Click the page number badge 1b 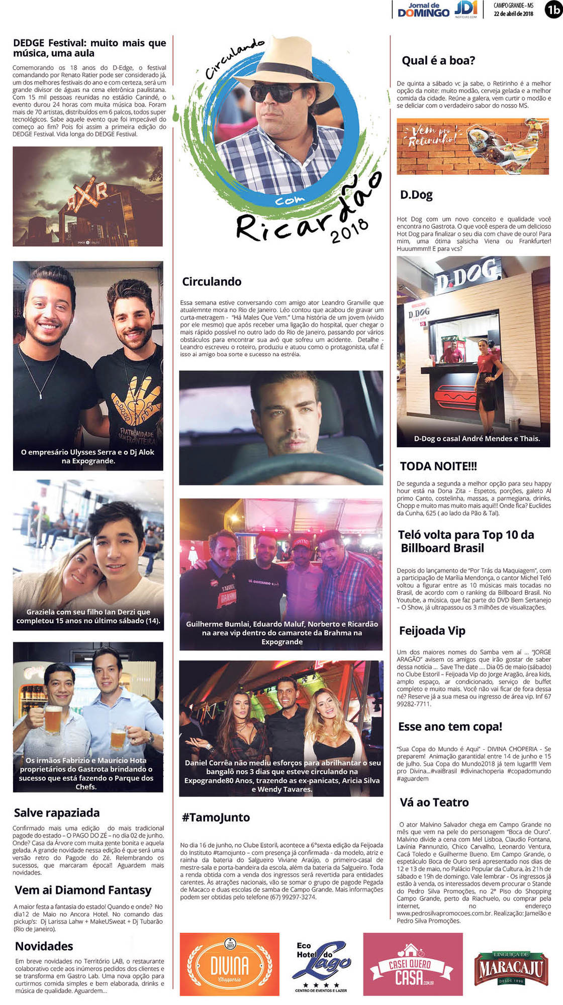pyautogui.click(x=553, y=10)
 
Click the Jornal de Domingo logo pyautogui.click(x=423, y=10)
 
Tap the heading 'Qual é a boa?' pyautogui.click(x=438, y=61)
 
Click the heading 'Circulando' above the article pyautogui.click(x=212, y=281)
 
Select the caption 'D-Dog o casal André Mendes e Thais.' pyautogui.click(x=477, y=438)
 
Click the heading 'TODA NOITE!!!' pyautogui.click(x=438, y=466)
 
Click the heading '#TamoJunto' pyautogui.click(x=216, y=817)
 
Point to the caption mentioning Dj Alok pyautogui.click(x=87, y=456)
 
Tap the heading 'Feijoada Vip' pyautogui.click(x=432, y=630)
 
